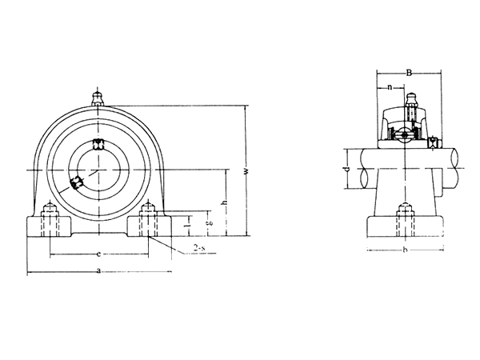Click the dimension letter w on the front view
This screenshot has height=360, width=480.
(x=246, y=170)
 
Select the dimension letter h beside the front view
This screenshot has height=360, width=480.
(x=225, y=202)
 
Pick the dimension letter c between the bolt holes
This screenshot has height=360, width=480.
(x=98, y=254)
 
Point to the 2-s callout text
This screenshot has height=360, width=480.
(x=199, y=249)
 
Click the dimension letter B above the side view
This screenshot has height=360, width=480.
(x=409, y=73)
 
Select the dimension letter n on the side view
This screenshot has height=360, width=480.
(x=390, y=86)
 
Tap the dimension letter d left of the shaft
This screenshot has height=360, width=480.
(x=346, y=170)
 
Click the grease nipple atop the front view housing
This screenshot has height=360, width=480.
(x=99, y=98)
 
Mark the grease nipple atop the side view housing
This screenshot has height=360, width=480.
(x=411, y=103)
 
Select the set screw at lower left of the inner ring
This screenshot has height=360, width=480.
(x=77, y=183)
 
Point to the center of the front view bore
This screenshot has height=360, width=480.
(x=99, y=170)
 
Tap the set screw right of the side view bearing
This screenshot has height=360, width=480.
(x=433, y=144)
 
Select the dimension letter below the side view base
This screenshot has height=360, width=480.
(x=406, y=250)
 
